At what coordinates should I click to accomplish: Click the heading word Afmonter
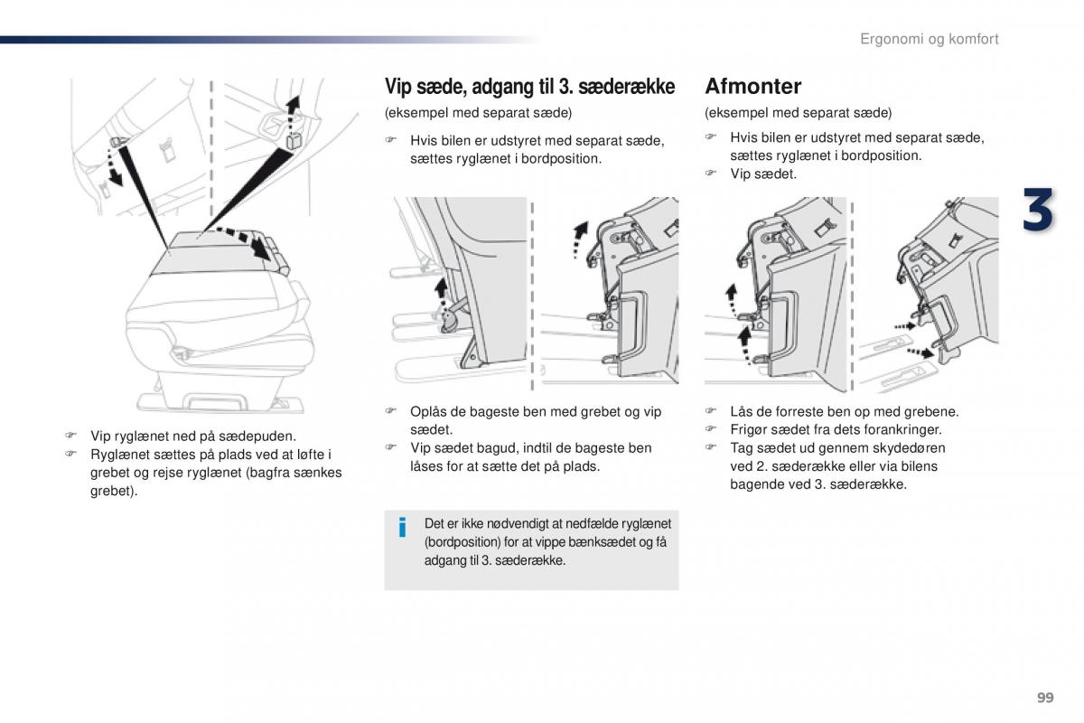tap(752, 87)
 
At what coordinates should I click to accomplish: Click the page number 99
tap(1045, 697)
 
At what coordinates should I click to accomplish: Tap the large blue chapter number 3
tap(1038, 212)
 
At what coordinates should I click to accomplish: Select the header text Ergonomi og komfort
tap(929, 39)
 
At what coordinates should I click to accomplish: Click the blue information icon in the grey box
tap(403, 527)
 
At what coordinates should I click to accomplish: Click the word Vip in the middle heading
tap(397, 87)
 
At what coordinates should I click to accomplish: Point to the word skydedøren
tap(909, 448)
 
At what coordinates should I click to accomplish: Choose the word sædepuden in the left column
tap(257, 436)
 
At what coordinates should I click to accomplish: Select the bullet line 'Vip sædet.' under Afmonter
tap(763, 174)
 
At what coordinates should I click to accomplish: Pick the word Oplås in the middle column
tap(429, 412)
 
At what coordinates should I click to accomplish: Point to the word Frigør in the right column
tap(750, 430)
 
